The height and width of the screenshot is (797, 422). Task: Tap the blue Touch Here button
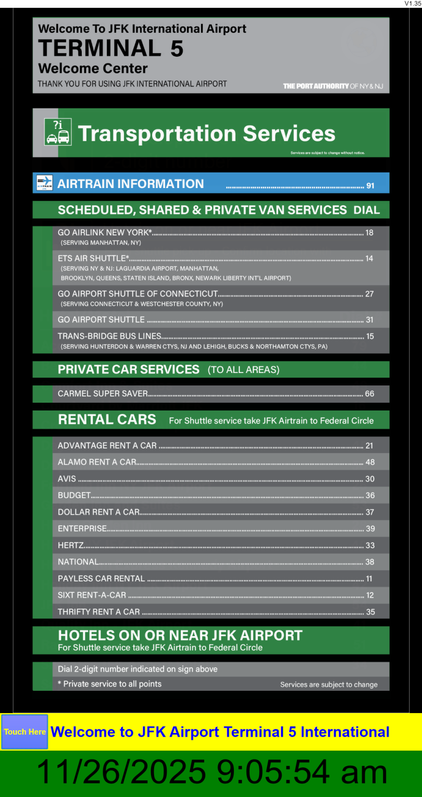[24, 732]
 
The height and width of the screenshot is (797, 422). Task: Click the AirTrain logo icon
[45, 183]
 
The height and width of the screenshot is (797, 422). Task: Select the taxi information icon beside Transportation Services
[57, 132]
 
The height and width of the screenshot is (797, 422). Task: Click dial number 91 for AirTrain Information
[370, 185]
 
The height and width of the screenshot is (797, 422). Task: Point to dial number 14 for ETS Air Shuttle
[369, 258]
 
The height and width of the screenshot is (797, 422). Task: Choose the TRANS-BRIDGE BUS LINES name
[109, 337]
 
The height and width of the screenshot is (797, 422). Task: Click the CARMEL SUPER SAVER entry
[103, 394]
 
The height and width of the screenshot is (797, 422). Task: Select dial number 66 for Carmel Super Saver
[369, 394]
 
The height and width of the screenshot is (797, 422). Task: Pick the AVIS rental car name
[67, 479]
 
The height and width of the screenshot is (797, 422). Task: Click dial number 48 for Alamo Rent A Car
[370, 462]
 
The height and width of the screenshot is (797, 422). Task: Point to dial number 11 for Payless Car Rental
[369, 579]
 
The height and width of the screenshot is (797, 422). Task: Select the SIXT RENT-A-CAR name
[92, 595]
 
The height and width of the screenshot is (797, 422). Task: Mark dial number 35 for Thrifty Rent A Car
[370, 612]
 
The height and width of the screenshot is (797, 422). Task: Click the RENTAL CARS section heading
[107, 419]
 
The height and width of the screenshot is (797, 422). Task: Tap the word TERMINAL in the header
[100, 48]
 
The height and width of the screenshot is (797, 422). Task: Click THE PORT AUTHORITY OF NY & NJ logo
[333, 86]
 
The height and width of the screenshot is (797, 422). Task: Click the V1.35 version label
[413, 4]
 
